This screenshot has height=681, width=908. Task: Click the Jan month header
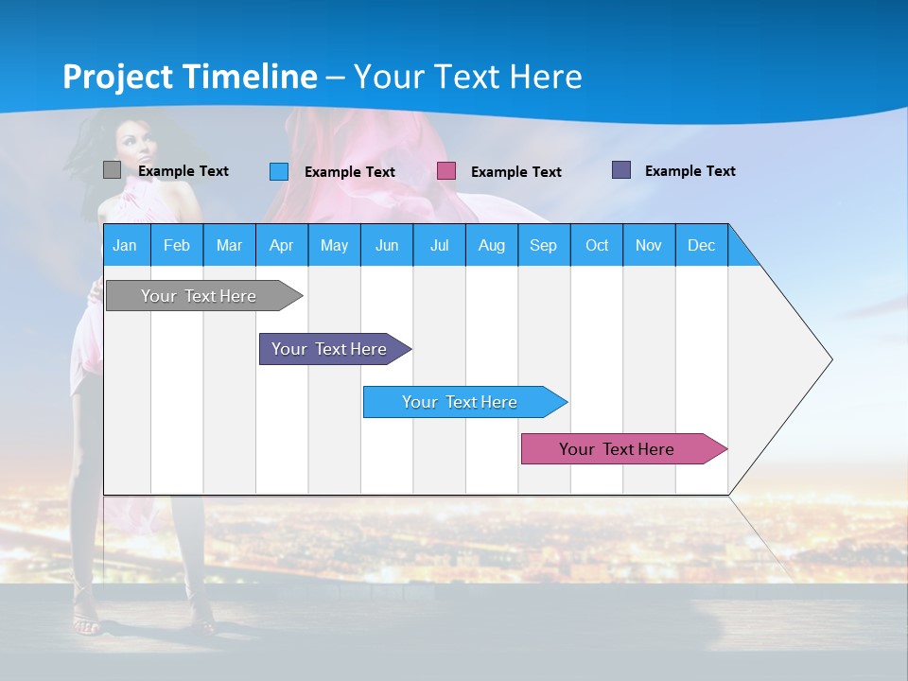[x=125, y=245]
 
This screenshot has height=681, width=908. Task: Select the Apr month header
[x=281, y=245]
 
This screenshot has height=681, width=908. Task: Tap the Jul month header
[x=439, y=245]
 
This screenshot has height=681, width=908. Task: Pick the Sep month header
[x=543, y=245]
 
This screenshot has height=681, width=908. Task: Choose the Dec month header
[x=701, y=245]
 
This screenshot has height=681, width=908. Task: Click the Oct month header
[x=596, y=245]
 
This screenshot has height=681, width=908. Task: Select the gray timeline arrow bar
[x=199, y=296]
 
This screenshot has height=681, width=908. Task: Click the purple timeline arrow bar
[x=329, y=349]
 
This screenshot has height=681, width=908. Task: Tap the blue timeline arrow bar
[x=460, y=402]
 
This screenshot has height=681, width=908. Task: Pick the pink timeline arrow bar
[x=617, y=449]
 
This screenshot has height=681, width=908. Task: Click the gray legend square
[x=112, y=170]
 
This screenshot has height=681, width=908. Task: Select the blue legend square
[x=279, y=171]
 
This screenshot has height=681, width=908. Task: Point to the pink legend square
[x=446, y=171]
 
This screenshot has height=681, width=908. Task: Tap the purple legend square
[x=621, y=170]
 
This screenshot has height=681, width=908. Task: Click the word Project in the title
[x=118, y=77]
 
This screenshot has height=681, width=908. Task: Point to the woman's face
[x=138, y=147]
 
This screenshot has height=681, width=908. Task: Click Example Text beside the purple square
[x=690, y=171]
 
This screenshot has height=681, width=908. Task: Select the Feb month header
[x=177, y=245]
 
